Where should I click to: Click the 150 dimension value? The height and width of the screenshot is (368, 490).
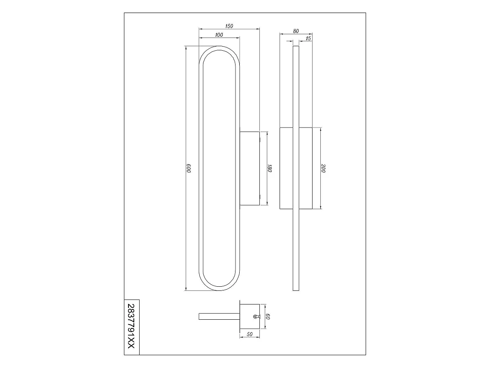[x=229, y=26]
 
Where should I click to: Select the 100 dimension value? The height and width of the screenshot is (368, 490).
[x=219, y=35]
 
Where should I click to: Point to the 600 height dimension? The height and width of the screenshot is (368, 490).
[x=189, y=168]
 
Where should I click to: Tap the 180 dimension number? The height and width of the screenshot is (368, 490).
[x=270, y=168]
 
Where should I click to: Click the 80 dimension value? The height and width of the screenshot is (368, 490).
[x=296, y=31]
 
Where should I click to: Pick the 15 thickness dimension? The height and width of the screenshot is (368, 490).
[x=308, y=38]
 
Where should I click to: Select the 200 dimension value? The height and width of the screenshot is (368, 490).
[x=323, y=168]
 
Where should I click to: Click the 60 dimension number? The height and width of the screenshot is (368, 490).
[x=268, y=316]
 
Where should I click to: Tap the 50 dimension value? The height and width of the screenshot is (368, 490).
[x=250, y=334]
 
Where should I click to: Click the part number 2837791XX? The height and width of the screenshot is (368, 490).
[x=132, y=326]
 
